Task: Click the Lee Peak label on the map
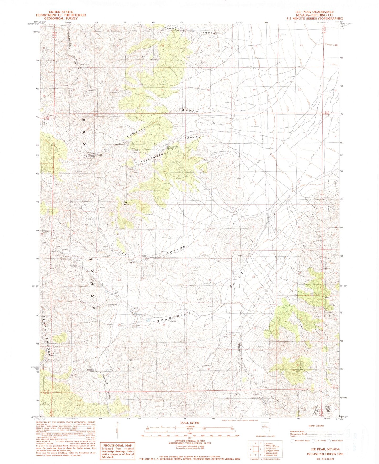point(126,203)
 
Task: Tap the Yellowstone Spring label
point(172,148)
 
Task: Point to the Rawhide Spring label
point(90,155)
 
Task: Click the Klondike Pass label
point(91,371)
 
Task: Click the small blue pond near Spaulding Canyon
point(148,321)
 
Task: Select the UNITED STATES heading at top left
point(61,12)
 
